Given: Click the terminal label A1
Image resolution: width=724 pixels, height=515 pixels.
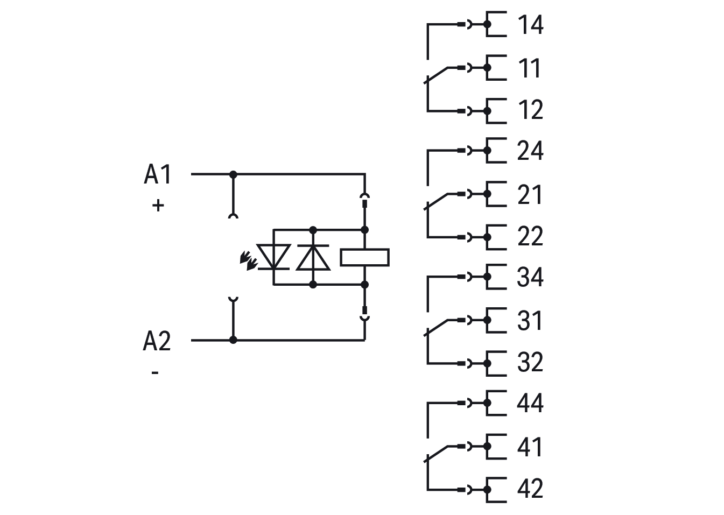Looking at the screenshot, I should [157, 174].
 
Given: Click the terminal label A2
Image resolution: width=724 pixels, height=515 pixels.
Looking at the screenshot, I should [157, 341].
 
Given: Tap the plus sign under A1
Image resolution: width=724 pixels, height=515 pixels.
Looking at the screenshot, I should [158, 205].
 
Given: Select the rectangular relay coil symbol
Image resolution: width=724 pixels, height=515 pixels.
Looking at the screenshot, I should [364, 257].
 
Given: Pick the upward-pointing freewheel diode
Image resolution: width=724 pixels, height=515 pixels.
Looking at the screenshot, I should [313, 257].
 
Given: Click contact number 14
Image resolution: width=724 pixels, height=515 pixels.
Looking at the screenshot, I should [530, 25].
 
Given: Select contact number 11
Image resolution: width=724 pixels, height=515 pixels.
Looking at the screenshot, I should [529, 68].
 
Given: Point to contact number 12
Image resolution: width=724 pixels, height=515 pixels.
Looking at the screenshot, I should [530, 110].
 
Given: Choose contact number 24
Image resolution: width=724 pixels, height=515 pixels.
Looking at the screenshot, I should [530, 151].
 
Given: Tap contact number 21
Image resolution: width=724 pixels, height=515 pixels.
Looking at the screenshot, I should [530, 194].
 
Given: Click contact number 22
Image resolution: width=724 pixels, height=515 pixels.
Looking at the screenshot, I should [530, 236].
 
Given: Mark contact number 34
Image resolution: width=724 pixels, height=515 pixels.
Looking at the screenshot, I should [530, 277].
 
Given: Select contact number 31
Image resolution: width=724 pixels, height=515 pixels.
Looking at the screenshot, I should [530, 320].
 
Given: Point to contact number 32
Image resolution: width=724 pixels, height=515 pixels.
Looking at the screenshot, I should [530, 362].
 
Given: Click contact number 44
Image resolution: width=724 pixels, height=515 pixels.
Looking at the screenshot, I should [530, 403].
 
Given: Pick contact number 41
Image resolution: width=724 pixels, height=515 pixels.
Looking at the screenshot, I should [530, 447].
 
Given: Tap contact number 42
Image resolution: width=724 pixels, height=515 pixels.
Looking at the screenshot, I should [530, 489].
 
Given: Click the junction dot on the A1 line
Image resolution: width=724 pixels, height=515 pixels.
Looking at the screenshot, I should [233, 174].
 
